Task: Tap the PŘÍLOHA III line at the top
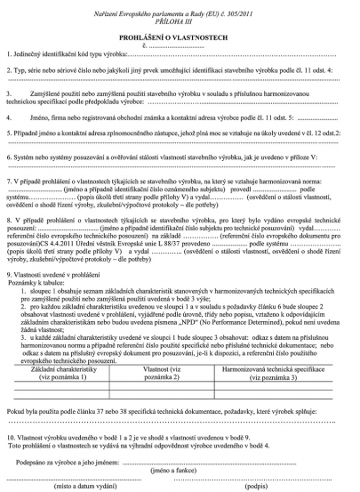(x=180, y=17)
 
